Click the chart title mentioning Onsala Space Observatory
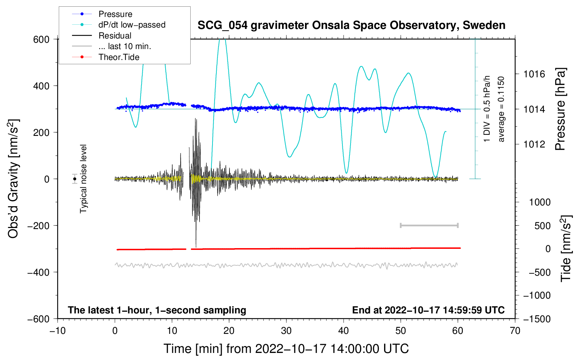click(x=351, y=25)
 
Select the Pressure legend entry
click(x=115, y=14)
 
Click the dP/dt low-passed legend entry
click(x=132, y=25)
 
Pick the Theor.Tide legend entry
click(x=119, y=57)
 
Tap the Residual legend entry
click(x=115, y=36)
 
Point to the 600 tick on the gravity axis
click(x=41, y=39)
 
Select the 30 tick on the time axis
click(x=286, y=331)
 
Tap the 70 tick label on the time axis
click(x=515, y=331)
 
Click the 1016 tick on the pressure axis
click(x=534, y=74)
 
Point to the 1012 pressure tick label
click(x=534, y=144)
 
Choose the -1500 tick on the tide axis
click(x=537, y=319)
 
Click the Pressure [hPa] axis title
click(x=561, y=109)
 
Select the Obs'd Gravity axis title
click(x=13, y=179)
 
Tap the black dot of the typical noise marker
click(x=75, y=179)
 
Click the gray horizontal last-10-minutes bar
click(x=429, y=225)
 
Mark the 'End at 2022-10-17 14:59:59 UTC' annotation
click(x=428, y=310)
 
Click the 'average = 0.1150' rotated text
click(x=501, y=109)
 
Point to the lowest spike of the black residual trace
click(x=196, y=247)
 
